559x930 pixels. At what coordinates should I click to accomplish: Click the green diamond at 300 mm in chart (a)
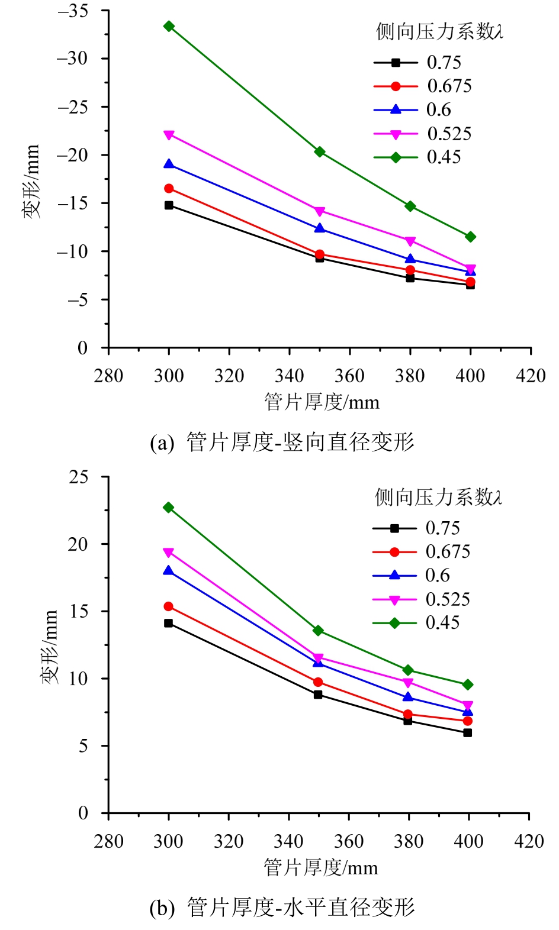pos(169,26)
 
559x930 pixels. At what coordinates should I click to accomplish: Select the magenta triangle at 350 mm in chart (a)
pos(320,211)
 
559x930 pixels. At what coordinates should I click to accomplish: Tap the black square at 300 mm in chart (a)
pos(169,205)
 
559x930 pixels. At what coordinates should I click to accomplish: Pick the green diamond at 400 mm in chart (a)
pos(471,237)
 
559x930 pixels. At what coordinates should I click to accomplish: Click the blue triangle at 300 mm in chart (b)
pos(169,571)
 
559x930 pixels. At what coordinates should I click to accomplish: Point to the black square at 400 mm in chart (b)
pos(468,732)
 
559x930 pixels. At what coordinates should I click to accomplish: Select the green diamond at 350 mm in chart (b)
pos(318,631)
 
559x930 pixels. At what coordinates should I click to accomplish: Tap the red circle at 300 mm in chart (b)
pos(169,606)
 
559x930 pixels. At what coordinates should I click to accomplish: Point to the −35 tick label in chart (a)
pos(72,11)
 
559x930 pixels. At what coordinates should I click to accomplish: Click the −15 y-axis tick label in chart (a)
pos(72,204)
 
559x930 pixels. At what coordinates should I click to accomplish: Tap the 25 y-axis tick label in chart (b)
pos(78,477)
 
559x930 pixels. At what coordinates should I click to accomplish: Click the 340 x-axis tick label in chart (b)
pos(288,841)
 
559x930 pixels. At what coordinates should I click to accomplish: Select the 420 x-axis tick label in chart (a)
pos(531,376)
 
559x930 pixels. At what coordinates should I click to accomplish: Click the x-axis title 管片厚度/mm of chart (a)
pos(322,402)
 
